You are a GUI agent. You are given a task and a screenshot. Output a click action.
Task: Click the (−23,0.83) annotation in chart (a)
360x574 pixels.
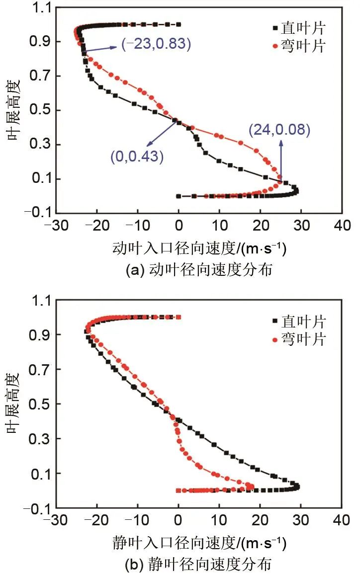pyautogui.click(x=156, y=44)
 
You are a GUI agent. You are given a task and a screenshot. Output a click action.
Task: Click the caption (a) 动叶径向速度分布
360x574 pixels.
pyautogui.click(x=199, y=271)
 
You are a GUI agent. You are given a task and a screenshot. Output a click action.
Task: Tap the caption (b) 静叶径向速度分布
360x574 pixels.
pyautogui.click(x=199, y=565)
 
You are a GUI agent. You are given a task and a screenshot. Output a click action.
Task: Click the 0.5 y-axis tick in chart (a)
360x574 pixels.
pyautogui.click(x=40, y=110)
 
